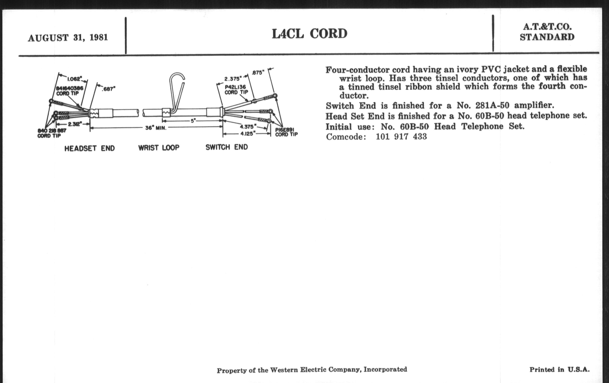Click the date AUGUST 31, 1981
[x=68, y=38]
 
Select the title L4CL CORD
[x=309, y=34]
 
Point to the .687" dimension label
[x=108, y=89]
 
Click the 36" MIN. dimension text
[x=156, y=128]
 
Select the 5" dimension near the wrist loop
[x=193, y=121]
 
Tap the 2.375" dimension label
[x=233, y=79]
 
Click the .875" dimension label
[x=258, y=73]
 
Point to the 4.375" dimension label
[x=248, y=126]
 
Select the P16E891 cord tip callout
[x=286, y=132]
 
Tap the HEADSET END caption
[x=90, y=148]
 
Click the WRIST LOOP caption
[x=159, y=148]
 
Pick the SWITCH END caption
[x=227, y=147]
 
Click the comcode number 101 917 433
[x=401, y=136]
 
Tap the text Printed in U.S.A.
[x=559, y=369]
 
